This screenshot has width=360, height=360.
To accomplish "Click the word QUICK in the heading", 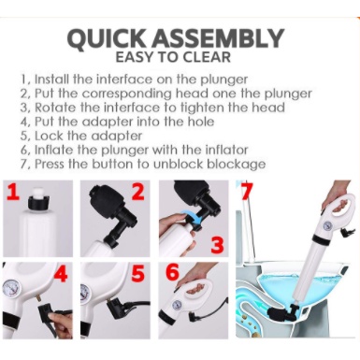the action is coord(107,38).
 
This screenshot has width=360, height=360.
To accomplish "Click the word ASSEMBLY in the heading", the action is coord(217,38).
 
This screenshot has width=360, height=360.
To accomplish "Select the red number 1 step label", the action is coord(12,192).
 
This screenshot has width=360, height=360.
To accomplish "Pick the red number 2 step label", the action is coord(138,192).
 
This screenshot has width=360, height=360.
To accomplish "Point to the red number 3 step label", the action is coord(217,244).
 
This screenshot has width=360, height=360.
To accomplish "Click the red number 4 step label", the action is coord(61,274).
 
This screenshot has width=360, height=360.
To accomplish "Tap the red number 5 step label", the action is coord(137,274).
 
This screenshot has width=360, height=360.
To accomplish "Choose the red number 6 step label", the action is coord(172,272).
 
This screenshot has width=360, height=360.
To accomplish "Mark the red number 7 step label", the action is coord(246,191).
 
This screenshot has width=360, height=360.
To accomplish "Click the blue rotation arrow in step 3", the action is coord(194,217).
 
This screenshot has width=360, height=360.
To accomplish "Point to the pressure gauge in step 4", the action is coord(10,289).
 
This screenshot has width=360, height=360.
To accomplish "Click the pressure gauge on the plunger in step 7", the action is coord(326,225).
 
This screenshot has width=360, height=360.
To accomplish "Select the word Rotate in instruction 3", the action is coord(55,108).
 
